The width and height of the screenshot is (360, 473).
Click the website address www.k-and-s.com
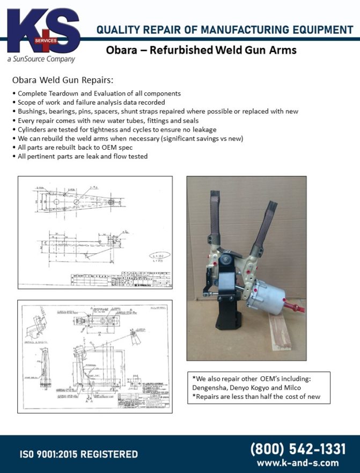(298, 462)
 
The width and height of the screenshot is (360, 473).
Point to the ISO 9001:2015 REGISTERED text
(79, 454)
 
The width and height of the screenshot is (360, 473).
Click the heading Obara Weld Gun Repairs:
(63, 81)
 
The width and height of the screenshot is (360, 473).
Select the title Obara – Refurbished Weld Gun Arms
(201, 50)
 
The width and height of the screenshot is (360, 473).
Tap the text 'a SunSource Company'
(41, 59)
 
